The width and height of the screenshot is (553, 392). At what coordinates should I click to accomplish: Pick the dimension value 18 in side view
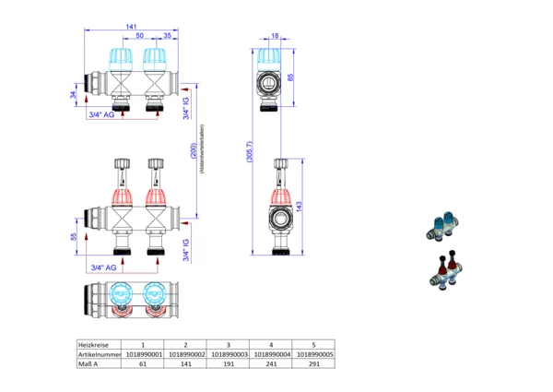275,37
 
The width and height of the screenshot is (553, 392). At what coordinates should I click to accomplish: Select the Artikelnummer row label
99,353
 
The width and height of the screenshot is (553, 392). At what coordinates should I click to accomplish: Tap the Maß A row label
90,364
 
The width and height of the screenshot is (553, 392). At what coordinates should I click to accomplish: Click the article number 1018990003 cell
229,353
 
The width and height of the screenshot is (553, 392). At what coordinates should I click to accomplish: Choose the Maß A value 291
314,364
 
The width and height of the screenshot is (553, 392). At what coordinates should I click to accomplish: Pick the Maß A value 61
143,364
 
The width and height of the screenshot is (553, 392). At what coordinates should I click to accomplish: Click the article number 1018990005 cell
314,353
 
